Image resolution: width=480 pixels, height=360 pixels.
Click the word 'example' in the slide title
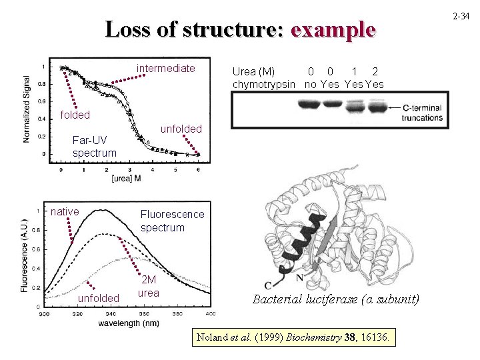(x=333, y=30)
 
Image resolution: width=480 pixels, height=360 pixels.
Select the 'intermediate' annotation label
(x=166, y=69)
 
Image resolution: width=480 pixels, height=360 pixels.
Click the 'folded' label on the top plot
(x=75, y=115)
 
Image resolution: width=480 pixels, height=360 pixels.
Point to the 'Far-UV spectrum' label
(x=94, y=147)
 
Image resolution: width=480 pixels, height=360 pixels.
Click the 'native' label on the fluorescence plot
(x=65, y=212)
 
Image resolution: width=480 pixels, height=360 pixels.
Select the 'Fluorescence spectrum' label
(x=172, y=221)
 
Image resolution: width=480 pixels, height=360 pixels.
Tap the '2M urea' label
(x=149, y=287)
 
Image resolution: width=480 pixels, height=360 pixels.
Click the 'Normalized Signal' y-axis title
(x=27, y=109)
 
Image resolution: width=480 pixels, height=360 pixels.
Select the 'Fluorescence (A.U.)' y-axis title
(x=25, y=255)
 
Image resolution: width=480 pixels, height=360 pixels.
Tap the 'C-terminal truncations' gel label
(x=422, y=113)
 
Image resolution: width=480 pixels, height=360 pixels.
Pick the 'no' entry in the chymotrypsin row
(x=309, y=84)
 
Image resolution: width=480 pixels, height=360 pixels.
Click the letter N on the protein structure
(x=301, y=277)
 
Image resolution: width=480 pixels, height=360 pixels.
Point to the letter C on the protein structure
(x=267, y=286)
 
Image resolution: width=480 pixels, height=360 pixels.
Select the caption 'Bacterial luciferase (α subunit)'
(x=336, y=299)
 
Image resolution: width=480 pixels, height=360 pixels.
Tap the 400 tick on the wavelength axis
(x=209, y=313)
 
